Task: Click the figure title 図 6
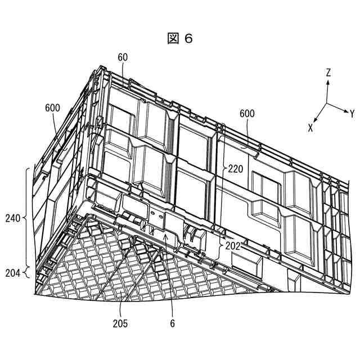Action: [x=180, y=38]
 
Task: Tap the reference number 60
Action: [x=123, y=57]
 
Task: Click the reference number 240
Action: [x=12, y=217]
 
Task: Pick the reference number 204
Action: [x=12, y=273]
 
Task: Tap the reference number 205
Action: [x=120, y=323]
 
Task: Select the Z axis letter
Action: [x=328, y=73]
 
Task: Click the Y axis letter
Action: [x=352, y=113]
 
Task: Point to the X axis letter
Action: [x=310, y=128]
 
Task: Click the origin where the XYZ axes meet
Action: [x=327, y=103]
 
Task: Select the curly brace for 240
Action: [x=26, y=217]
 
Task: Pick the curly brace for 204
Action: [x=26, y=273]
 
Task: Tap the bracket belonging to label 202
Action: [x=219, y=245]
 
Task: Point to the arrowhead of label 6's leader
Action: [x=164, y=237]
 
